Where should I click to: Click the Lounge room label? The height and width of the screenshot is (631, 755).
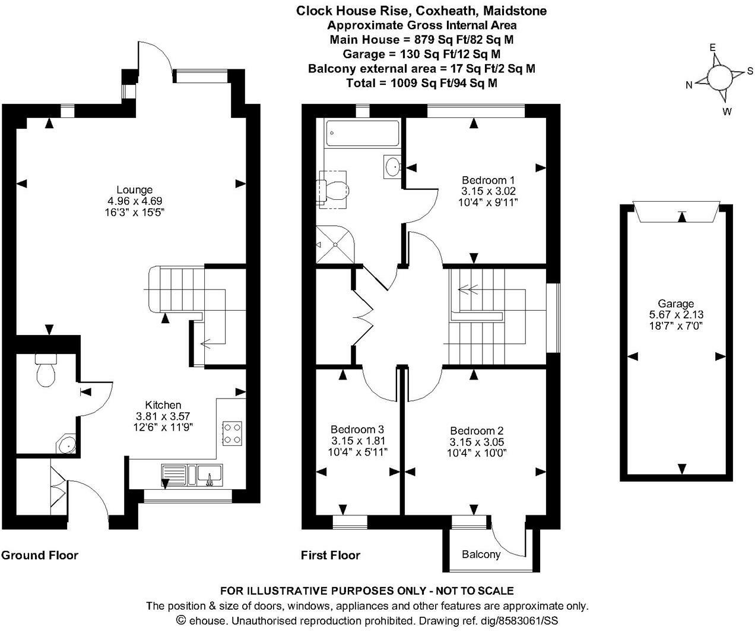pyautogui.click(x=134, y=190)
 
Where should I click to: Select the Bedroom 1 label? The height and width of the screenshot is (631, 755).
pyautogui.click(x=488, y=180)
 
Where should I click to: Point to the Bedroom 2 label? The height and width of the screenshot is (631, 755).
pyautogui.click(x=477, y=431)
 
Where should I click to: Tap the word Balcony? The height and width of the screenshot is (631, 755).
pyautogui.click(x=481, y=554)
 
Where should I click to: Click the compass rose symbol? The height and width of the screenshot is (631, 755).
pyautogui.click(x=719, y=77)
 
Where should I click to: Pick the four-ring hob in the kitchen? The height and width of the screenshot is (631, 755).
pyautogui.click(x=231, y=434)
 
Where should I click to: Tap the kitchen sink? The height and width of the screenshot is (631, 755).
pyautogui.click(x=210, y=475)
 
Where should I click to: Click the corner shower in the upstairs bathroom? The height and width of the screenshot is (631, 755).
pyautogui.click(x=335, y=244)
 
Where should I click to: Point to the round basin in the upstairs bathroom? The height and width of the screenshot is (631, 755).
pyautogui.click(x=394, y=166)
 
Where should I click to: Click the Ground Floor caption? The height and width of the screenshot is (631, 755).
pyautogui.click(x=40, y=556)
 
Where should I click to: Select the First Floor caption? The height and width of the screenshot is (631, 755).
pyautogui.click(x=331, y=556)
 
